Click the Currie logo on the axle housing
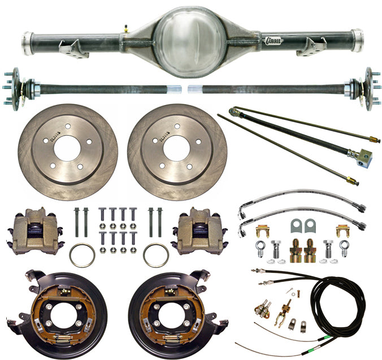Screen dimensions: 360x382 [x=275, y=41]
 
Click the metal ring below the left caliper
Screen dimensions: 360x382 [x=83, y=255]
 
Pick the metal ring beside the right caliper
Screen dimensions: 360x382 [x=156, y=255]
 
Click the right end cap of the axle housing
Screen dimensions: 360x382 [x=357, y=40]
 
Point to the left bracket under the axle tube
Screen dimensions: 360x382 [x=74, y=49]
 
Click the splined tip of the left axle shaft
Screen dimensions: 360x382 [x=174, y=89]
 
